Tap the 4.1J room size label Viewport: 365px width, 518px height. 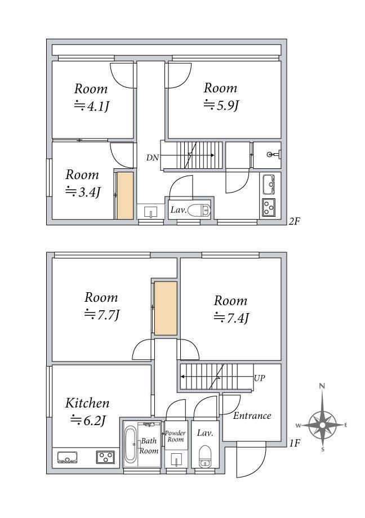pos(92,106)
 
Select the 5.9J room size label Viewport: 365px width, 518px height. pos(221,105)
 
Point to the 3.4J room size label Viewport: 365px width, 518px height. pos(83,191)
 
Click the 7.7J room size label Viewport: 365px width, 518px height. pos(102,315)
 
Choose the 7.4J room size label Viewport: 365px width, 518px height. pos(232,318)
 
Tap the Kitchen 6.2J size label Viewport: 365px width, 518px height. pos(88,420)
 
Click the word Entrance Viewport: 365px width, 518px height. pos(252,416)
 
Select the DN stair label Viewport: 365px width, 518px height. pos(153,158)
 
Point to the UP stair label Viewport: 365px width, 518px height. pos(260,378)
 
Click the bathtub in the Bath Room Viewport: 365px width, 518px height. pos(130,445)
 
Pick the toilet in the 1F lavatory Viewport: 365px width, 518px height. pos(205,456)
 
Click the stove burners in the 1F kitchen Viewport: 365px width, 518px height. pos(105,457)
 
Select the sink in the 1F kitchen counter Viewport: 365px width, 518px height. pos(67,458)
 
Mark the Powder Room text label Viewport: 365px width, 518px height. pos(175,436)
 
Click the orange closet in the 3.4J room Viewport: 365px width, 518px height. pos(125,195)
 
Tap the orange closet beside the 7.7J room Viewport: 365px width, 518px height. pos(166,308)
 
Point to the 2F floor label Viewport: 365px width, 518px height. pos(294,221)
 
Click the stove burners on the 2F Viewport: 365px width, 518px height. pos(269,207)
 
